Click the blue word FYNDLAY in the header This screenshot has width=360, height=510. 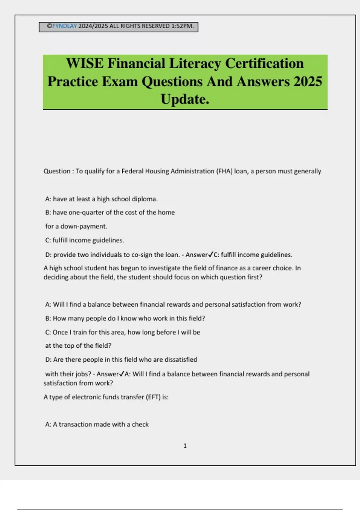[64, 26]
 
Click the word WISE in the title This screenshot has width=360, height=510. [85, 64]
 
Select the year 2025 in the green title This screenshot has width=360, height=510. [308, 82]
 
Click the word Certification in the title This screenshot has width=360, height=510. [264, 64]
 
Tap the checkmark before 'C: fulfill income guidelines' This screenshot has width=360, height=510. [211, 255]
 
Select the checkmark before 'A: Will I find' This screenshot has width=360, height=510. [122, 374]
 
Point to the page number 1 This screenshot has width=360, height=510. [185, 446]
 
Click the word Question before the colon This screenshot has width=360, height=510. [57, 171]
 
